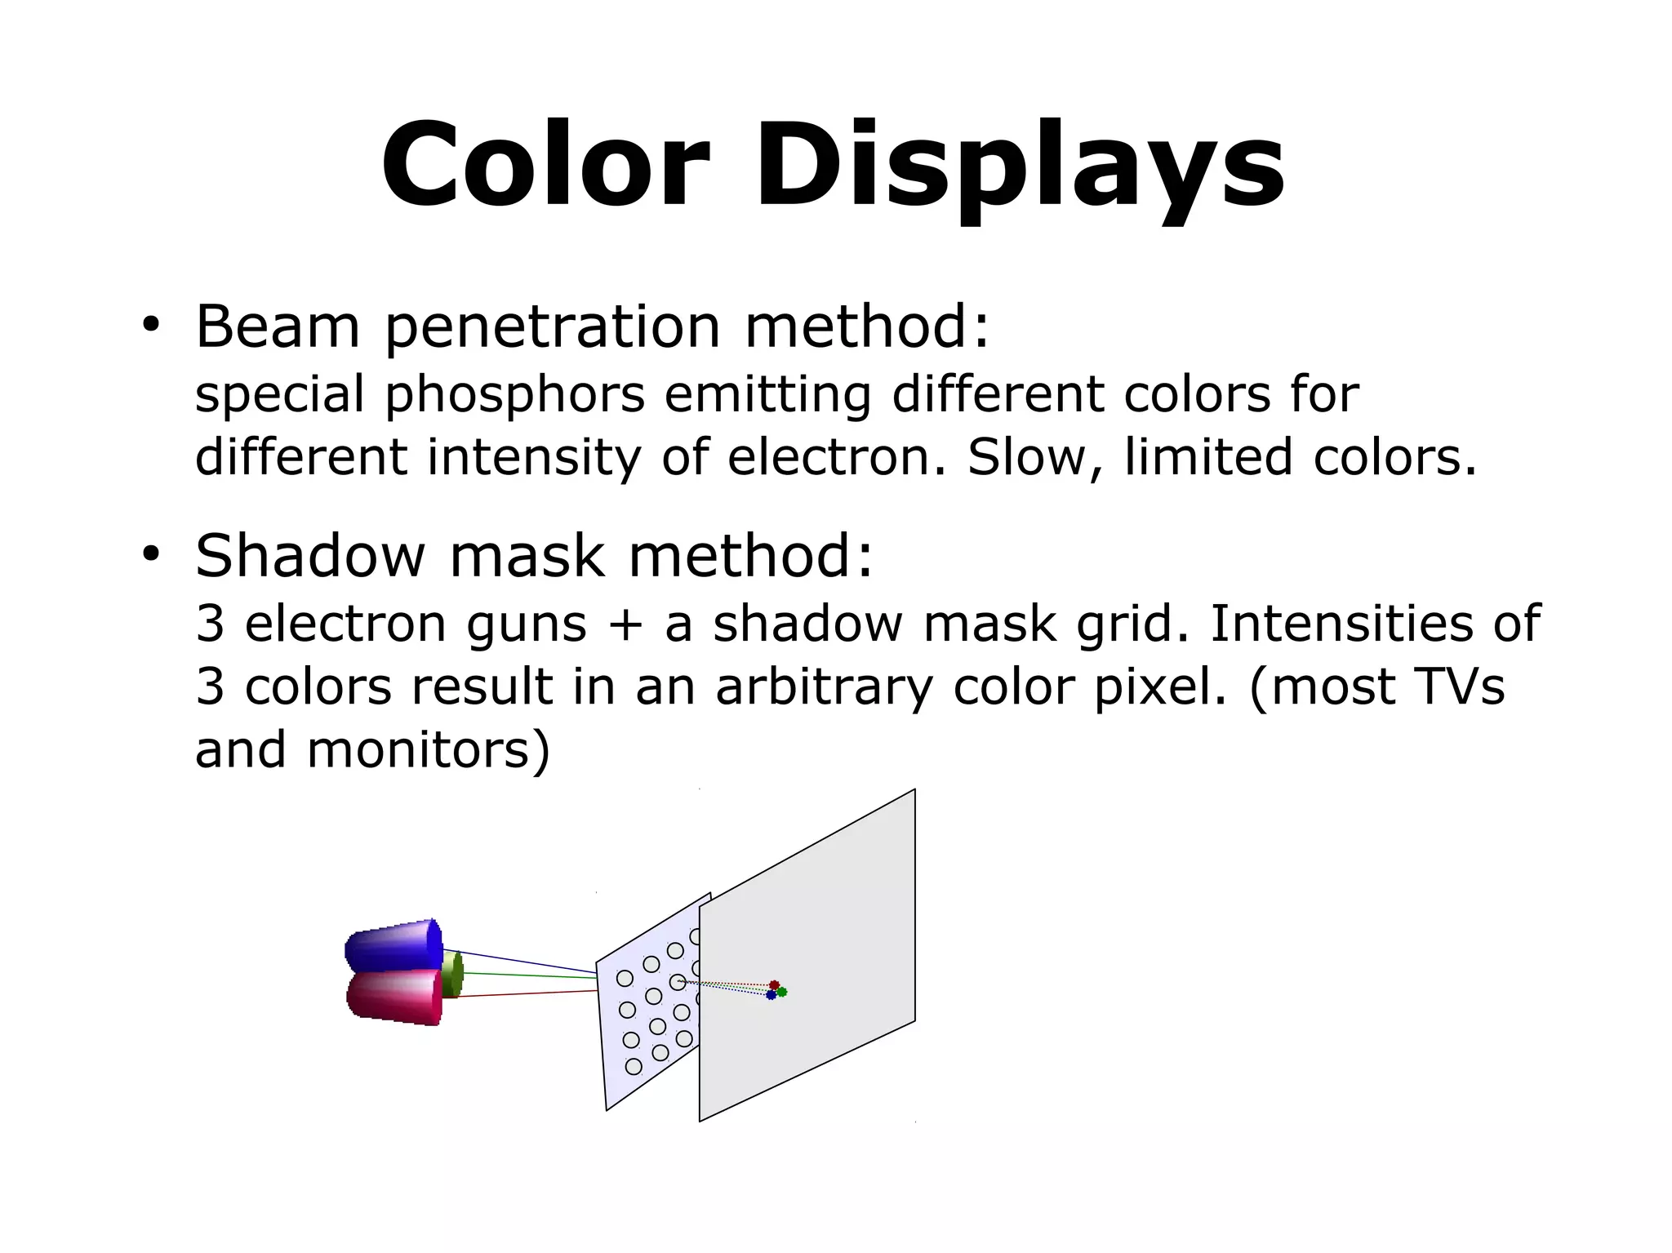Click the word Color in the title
pos(545,166)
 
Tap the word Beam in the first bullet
pos(278,327)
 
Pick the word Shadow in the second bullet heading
pos(310,556)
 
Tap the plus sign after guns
pos(625,624)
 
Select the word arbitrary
pos(825,687)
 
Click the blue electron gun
pos(393,946)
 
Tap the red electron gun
pos(394,997)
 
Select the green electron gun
pos(452,972)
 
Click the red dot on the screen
pos(774,985)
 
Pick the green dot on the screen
pos(782,992)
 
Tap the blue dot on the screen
pos(771,995)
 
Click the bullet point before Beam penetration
pos(149,326)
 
